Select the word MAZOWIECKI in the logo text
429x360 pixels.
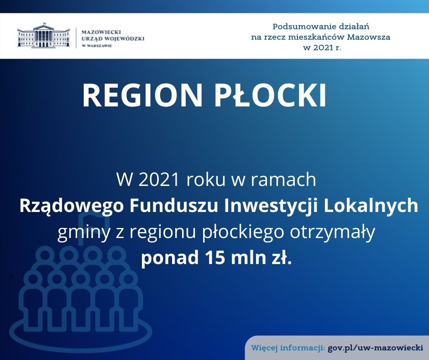pyautogui.click(x=101, y=32)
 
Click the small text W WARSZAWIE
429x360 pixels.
pyautogui.click(x=97, y=46)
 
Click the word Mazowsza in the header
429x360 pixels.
pyautogui.click(x=369, y=37)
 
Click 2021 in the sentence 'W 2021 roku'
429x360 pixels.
pyautogui.click(x=159, y=180)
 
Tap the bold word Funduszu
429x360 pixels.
pyautogui.click(x=174, y=206)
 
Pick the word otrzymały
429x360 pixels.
pyautogui.click(x=332, y=233)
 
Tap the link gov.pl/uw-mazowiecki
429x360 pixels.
pyautogui.click(x=375, y=348)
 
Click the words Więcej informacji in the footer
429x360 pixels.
pyautogui.click(x=288, y=348)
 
